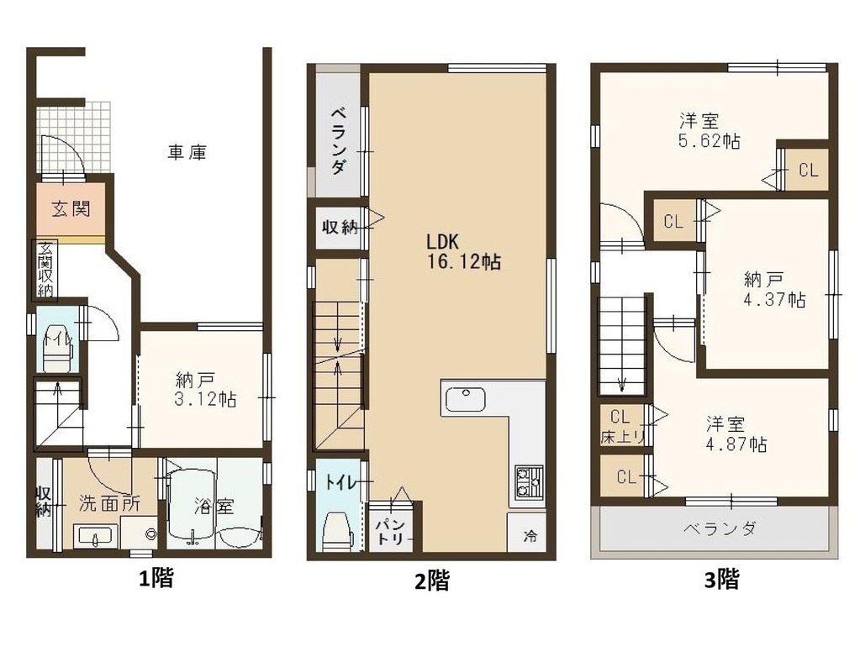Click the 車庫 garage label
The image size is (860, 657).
click(187, 152)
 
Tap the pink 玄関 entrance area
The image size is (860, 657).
click(71, 208)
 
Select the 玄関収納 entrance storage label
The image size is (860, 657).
click(45, 269)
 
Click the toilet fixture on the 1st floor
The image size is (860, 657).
click(58, 349)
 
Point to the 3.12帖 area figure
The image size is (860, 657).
click(205, 399)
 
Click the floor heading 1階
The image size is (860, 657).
click(156, 579)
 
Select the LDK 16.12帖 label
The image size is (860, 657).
click(464, 251)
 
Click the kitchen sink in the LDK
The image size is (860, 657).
click(465, 399)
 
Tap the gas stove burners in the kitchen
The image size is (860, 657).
click(529, 481)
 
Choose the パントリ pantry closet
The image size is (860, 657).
click(392, 528)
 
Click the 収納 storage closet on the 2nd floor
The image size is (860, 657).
click(340, 226)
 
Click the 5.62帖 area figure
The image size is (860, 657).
click(710, 141)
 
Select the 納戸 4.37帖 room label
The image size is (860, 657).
click(774, 289)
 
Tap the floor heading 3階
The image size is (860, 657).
click(721, 579)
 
